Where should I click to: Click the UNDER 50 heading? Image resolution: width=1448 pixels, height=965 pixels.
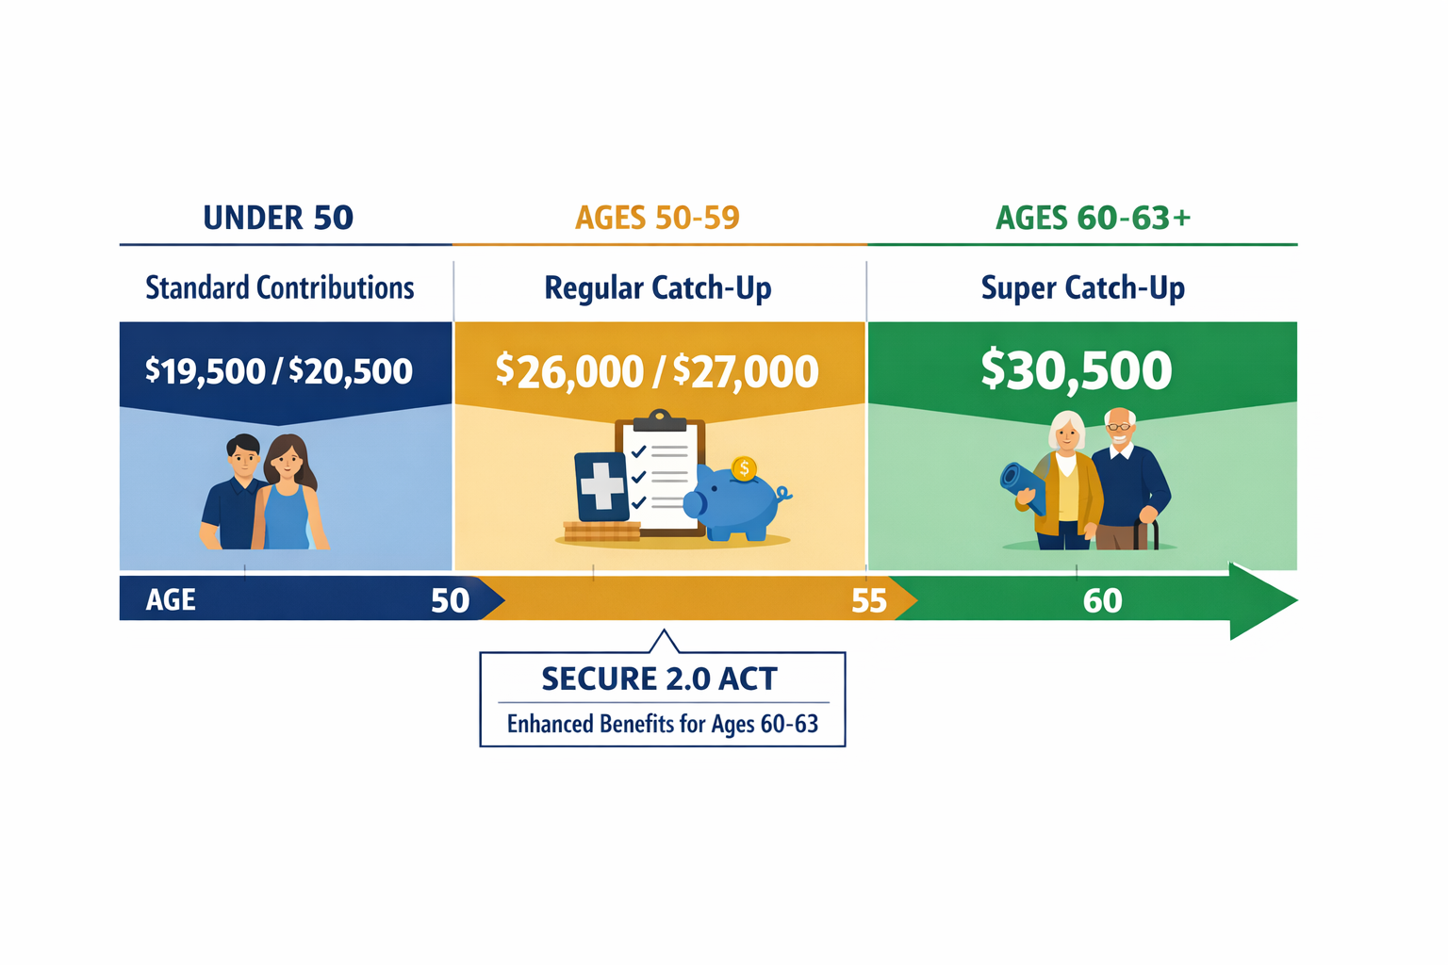[278, 218]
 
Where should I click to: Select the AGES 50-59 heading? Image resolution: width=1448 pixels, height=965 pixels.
[657, 218]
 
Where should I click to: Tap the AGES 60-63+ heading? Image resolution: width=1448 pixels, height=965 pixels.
[1093, 218]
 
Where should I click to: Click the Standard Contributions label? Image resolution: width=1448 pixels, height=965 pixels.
[279, 287]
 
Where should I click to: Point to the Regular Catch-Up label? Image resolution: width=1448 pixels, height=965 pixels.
[657, 287]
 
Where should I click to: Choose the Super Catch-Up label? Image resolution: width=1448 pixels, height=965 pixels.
[1082, 287]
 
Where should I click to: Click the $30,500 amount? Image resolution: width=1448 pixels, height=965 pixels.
[1076, 369]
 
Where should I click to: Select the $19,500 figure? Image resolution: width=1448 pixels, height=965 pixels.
[205, 371]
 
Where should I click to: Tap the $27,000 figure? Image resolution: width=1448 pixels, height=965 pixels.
[745, 371]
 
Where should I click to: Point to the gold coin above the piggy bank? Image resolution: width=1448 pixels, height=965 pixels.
[744, 468]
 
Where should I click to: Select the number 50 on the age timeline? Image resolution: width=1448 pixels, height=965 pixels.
[450, 600]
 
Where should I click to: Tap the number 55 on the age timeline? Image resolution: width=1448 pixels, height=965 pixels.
[868, 600]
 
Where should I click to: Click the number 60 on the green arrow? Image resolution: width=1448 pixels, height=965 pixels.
[1102, 600]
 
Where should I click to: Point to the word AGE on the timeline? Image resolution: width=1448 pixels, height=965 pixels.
[171, 600]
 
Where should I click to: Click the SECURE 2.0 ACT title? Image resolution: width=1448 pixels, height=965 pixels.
[659, 679]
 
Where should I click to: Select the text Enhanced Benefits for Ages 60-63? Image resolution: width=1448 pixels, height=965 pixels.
[662, 724]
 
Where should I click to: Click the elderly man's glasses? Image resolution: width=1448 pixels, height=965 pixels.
[1119, 427]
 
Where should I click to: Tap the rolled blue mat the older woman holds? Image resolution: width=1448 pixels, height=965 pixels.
[1023, 486]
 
